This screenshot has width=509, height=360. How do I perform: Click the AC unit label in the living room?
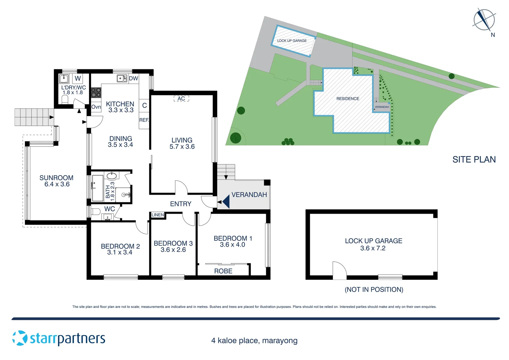coord(181,99)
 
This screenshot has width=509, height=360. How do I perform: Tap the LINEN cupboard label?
coord(158,215)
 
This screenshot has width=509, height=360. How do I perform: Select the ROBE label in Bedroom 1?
coord(223,271)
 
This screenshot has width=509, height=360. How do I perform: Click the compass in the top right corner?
coord(484,20)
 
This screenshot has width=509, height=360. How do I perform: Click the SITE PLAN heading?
coord(474,160)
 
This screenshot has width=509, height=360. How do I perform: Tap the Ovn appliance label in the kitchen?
coord(96,107)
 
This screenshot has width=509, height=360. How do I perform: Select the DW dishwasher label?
coord(133,79)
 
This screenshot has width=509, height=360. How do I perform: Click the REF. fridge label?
coord(144,120)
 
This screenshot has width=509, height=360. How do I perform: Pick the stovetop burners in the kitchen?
coord(96,93)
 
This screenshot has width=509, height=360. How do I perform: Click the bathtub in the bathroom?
coord(98,188)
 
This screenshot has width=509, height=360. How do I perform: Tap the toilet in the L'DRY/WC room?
coord(65,99)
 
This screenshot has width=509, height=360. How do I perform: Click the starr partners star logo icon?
coord(20,338)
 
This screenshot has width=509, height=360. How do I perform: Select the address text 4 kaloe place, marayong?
coord(254,341)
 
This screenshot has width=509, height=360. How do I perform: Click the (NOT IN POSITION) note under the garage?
coord(374,290)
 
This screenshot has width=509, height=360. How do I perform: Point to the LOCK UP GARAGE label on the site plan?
coord(292,41)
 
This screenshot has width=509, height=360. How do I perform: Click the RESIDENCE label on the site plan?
coord(347,99)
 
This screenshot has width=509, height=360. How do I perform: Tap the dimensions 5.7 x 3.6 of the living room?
coord(182,147)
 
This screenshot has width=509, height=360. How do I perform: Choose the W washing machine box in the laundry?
coord(78,79)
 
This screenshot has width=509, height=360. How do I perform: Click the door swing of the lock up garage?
coord(339,270)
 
